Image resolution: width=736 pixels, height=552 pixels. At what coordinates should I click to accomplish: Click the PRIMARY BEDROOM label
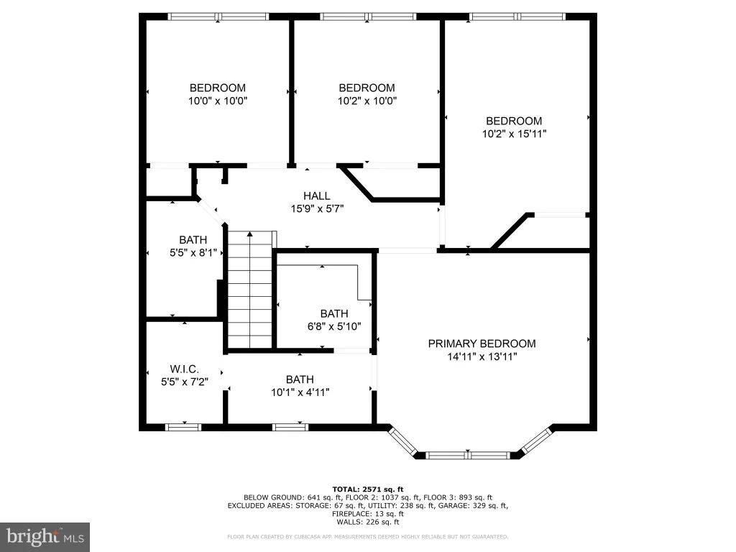pyautogui.click(x=482, y=344)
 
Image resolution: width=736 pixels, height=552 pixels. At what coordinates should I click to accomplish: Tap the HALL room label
pyautogui.click(x=317, y=195)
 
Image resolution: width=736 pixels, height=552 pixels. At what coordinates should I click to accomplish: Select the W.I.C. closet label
pyautogui.click(x=185, y=369)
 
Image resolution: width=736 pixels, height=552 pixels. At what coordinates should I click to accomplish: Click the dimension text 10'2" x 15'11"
pyautogui.click(x=514, y=134)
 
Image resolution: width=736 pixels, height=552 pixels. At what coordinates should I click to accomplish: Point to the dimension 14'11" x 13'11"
pyautogui.click(x=482, y=356)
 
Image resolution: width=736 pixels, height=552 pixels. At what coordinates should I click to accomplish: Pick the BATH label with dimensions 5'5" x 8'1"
pyautogui.click(x=193, y=240)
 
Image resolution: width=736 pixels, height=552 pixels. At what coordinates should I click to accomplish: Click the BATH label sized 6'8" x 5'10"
pyautogui.click(x=334, y=313)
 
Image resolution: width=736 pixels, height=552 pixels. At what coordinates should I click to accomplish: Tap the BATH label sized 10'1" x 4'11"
pyautogui.click(x=300, y=379)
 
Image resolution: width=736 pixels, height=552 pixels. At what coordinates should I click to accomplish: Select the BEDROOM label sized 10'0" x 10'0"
pyautogui.click(x=217, y=88)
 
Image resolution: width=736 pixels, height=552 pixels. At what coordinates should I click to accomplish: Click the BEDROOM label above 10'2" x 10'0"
pyautogui.click(x=367, y=88)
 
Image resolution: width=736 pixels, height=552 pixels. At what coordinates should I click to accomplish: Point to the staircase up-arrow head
pyautogui.click(x=250, y=234)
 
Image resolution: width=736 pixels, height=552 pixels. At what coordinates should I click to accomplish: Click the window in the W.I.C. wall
pyautogui.click(x=183, y=427)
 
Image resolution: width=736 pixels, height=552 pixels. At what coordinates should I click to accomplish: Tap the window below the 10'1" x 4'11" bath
pyautogui.click(x=290, y=427)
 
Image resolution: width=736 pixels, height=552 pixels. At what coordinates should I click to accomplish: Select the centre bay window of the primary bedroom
pyautogui.click(x=468, y=455)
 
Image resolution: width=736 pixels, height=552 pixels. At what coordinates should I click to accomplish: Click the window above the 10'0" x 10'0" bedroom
pyautogui.click(x=218, y=17)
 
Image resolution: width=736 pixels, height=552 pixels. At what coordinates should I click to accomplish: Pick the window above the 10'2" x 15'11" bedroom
pyautogui.click(x=517, y=17)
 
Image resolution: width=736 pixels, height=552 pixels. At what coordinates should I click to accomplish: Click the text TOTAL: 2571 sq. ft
pyautogui.click(x=368, y=489)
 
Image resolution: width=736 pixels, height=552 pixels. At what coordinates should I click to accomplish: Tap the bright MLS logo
pyautogui.click(x=45, y=536)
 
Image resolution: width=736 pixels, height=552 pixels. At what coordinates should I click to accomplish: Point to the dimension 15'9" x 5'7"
pyautogui.click(x=317, y=209)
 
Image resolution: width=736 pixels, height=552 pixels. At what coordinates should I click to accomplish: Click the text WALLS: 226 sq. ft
pyautogui.click(x=368, y=522)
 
